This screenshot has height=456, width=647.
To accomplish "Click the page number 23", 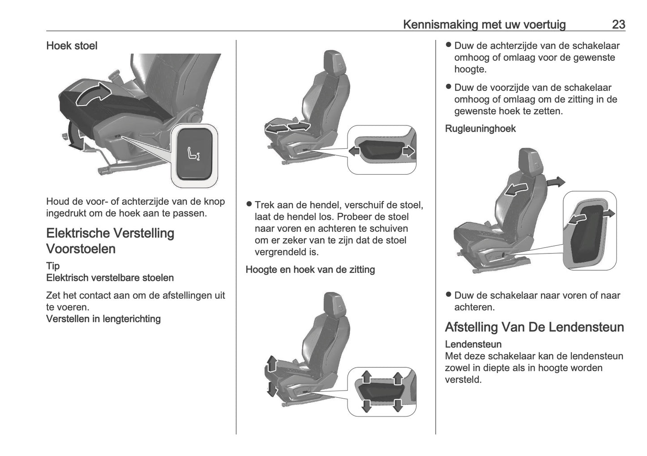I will point(618,24).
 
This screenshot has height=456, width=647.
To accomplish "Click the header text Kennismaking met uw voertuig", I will point(484,24).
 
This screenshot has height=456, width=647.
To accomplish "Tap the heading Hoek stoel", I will point(72,46).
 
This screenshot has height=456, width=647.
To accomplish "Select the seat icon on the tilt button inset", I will point(194,154).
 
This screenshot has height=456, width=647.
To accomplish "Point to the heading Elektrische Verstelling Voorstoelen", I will point(110,241).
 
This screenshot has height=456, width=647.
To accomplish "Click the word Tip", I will point(53,266).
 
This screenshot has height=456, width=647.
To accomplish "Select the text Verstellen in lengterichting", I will point(103,319).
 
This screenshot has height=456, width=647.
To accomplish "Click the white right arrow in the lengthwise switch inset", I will point(408,151).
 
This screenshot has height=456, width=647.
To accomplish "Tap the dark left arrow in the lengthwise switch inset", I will point(354,151).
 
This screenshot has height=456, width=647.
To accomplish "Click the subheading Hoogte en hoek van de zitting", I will point(310,270).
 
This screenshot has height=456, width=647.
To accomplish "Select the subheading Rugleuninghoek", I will point(480,129).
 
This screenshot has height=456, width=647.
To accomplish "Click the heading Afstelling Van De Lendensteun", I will point(534,327).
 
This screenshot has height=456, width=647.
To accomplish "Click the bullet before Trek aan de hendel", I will point(249,205).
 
